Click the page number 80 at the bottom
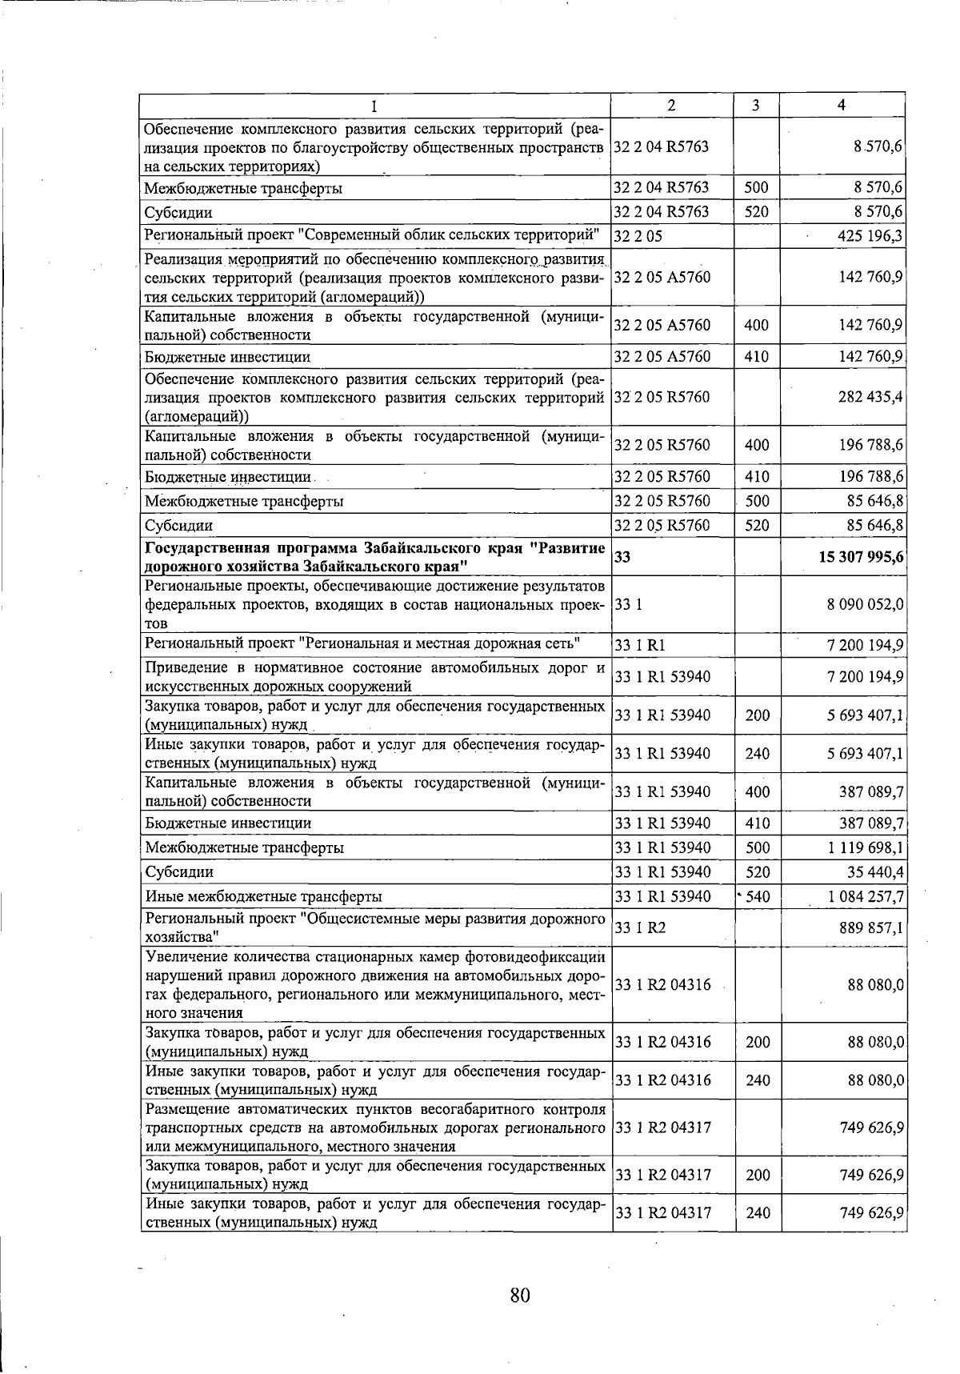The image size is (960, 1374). [x=520, y=1295]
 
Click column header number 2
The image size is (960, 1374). [x=671, y=106]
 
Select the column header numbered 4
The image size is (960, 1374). [x=841, y=106]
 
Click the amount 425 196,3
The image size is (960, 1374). [x=870, y=236]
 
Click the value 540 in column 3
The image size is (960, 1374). [x=757, y=896]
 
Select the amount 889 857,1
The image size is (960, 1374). [x=870, y=928]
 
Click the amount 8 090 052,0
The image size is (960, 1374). [x=866, y=605]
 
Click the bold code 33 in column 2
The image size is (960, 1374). [x=622, y=557]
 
